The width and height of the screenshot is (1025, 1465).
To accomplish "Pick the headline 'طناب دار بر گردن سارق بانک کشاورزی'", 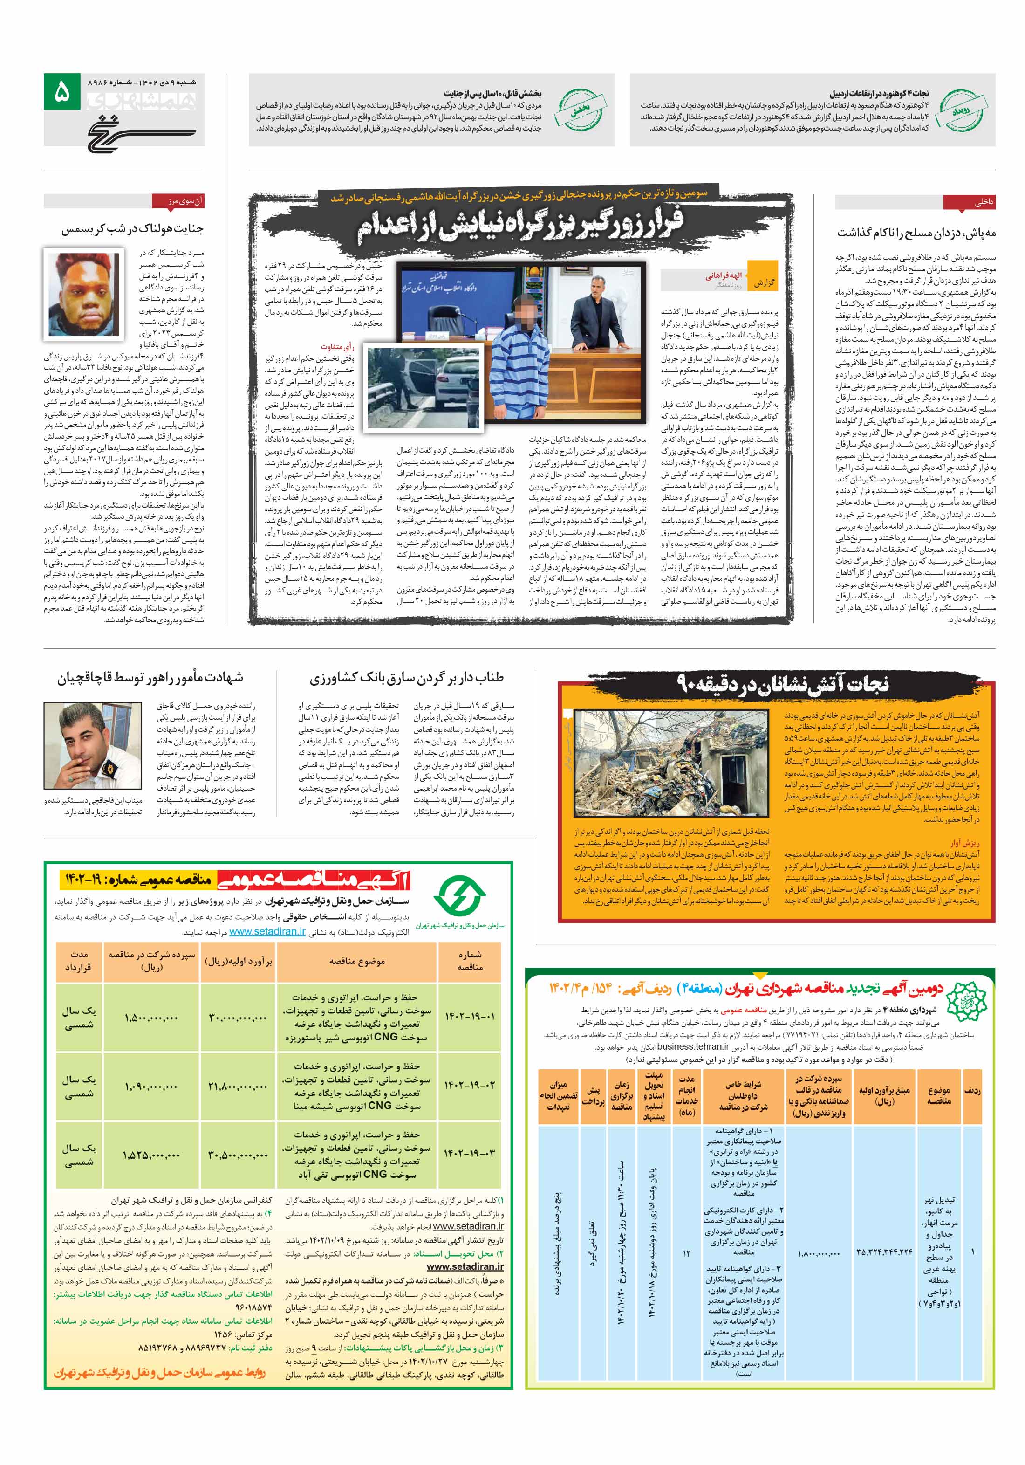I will coord(406,678).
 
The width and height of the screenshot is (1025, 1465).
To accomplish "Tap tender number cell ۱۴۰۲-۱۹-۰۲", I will coord(470,1085).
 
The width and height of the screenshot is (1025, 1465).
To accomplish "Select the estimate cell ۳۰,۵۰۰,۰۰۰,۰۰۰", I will coord(237,1154).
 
